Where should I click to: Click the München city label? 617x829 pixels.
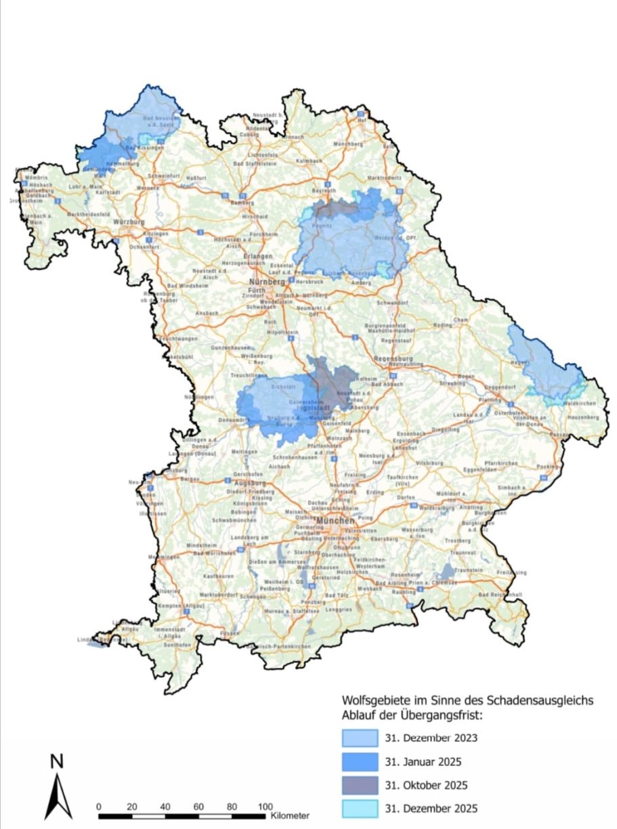click(x=334, y=522)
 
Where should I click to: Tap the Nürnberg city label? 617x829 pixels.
click(x=264, y=282)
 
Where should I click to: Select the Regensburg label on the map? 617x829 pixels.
click(x=393, y=357)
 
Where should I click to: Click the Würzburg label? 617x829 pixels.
click(x=131, y=221)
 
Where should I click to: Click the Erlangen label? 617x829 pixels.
click(x=259, y=257)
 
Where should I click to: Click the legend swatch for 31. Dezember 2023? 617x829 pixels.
click(x=359, y=738)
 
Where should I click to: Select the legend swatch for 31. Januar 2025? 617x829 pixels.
click(x=359, y=761)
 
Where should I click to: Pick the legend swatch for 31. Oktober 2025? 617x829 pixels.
click(x=359, y=785)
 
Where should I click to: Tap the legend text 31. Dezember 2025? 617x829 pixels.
click(x=430, y=809)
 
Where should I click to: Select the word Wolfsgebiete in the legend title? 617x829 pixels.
click(x=373, y=701)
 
